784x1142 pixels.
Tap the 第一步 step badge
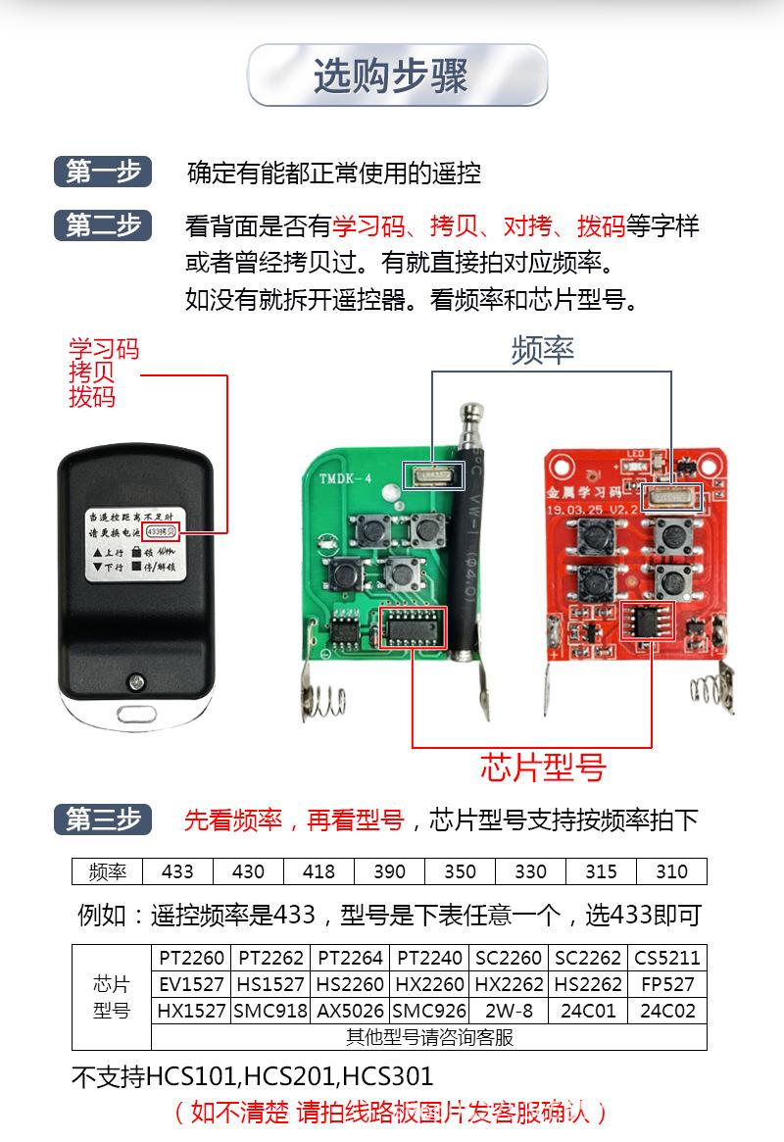[x=103, y=172]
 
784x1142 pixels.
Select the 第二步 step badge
[x=103, y=225]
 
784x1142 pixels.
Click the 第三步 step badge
[x=103, y=819]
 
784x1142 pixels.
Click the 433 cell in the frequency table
[x=178, y=871]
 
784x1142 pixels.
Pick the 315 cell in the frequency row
[x=601, y=871]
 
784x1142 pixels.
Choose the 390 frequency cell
[x=389, y=871]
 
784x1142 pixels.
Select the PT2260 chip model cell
[x=191, y=958]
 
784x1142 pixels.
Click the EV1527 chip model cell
[x=191, y=984]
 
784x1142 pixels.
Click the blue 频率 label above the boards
[x=542, y=350]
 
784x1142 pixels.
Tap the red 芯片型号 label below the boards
[x=542, y=767]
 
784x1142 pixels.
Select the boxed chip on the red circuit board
[x=647, y=621]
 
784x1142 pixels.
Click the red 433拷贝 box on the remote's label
[x=161, y=530]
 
